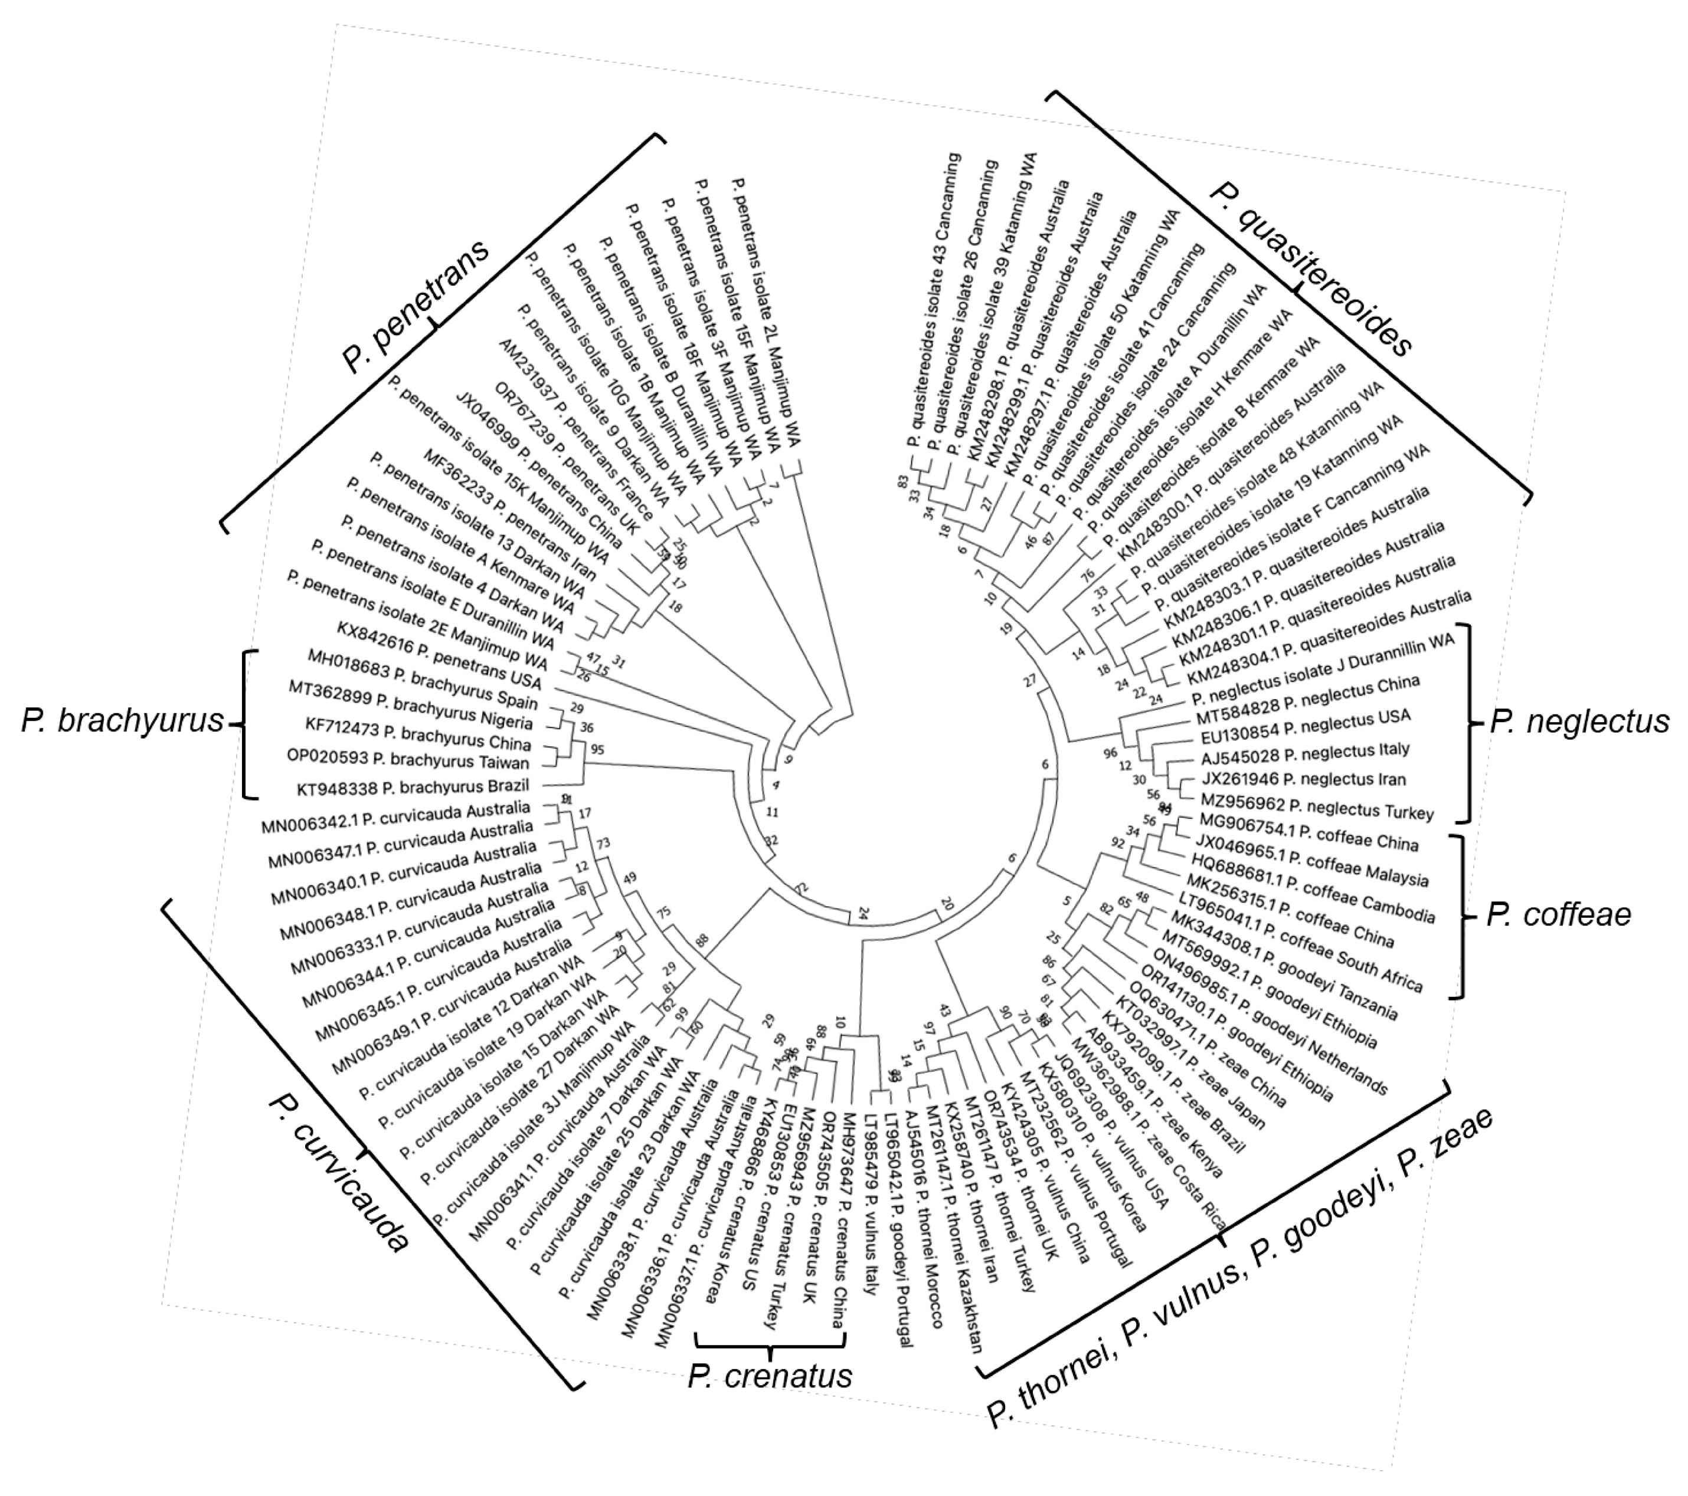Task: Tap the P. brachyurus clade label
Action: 122,721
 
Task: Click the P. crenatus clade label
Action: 770,1376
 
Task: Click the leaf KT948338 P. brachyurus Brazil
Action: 413,787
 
